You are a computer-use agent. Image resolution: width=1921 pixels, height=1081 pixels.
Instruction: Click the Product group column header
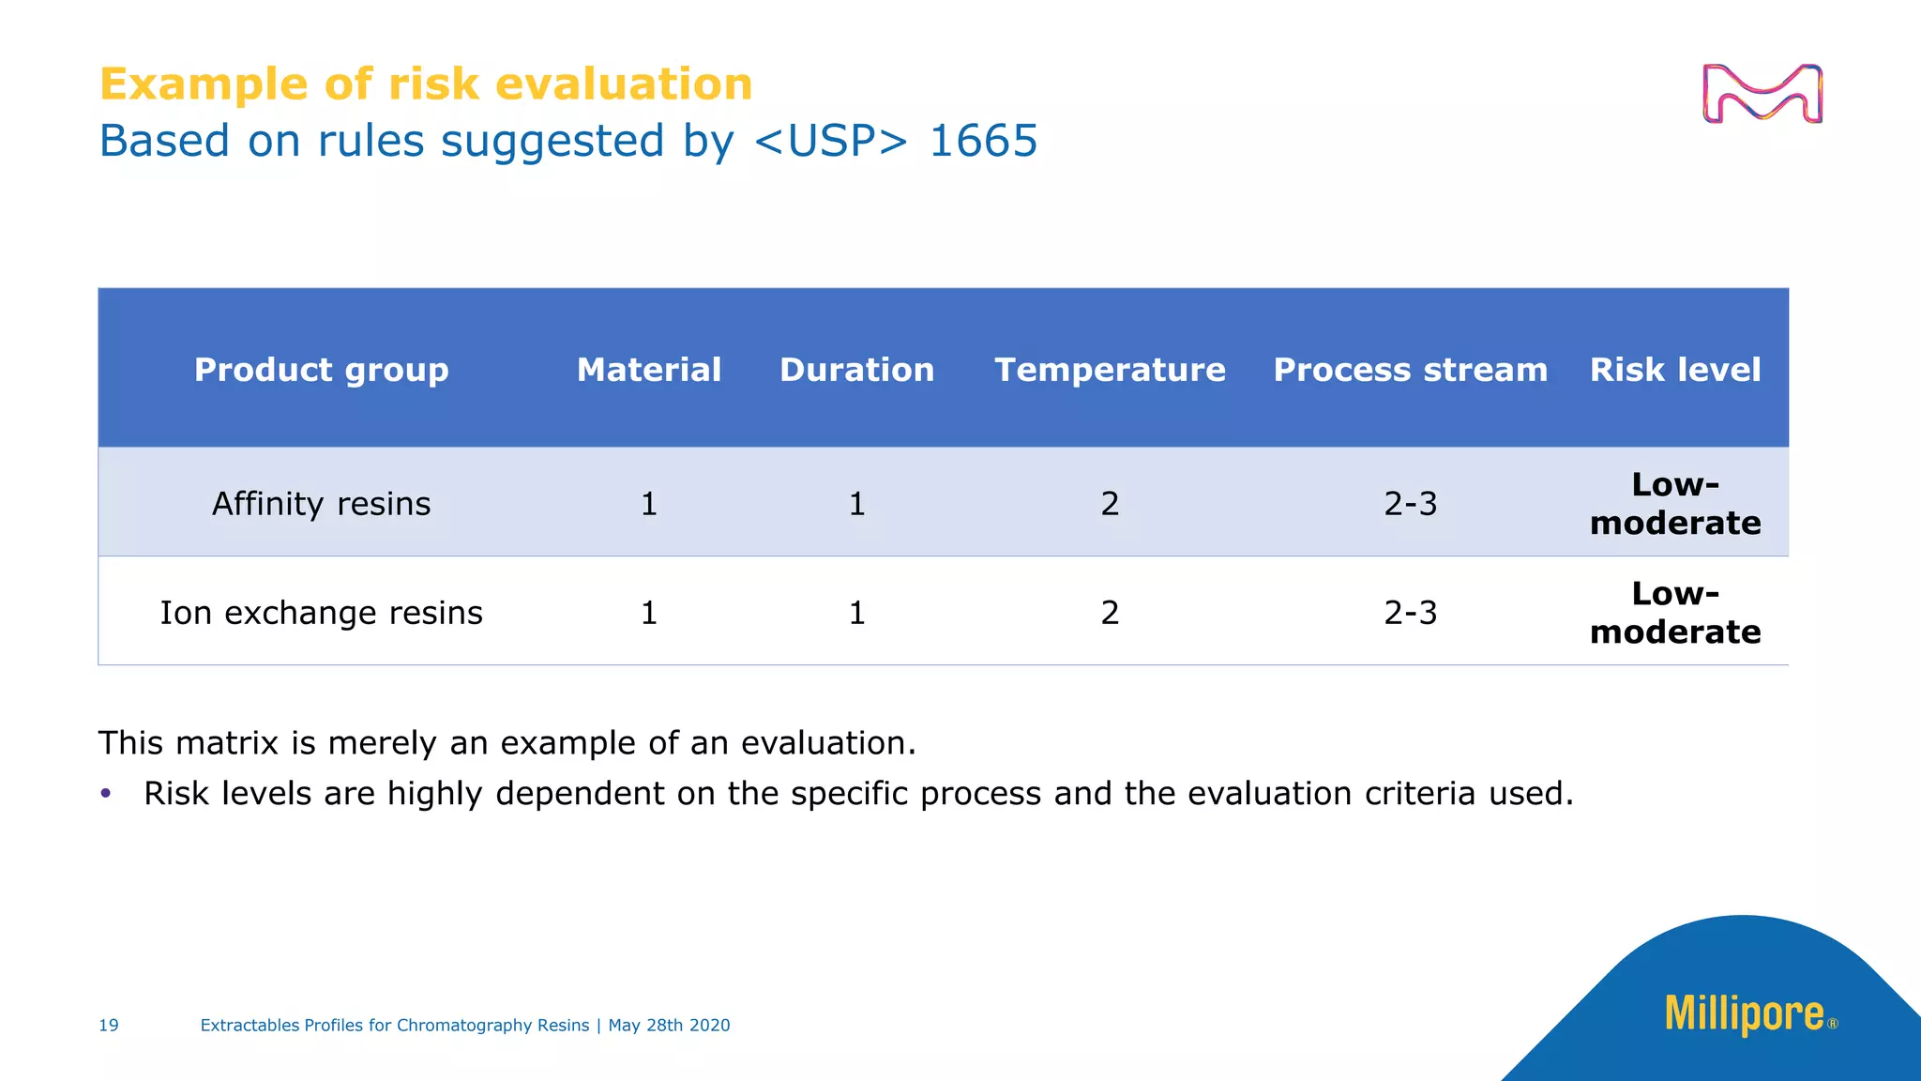tap(321, 370)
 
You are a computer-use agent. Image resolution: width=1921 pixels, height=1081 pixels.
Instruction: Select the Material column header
tap(649, 370)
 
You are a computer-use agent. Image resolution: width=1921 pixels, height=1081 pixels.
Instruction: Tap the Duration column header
tap(856, 370)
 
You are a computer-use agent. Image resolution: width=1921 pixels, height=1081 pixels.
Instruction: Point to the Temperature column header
tap(1110, 370)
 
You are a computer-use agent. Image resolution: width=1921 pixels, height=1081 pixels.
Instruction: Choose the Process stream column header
tap(1410, 370)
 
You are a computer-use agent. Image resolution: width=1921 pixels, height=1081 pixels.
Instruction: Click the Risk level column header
tap(1675, 370)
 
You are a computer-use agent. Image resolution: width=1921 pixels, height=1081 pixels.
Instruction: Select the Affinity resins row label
tap(321, 504)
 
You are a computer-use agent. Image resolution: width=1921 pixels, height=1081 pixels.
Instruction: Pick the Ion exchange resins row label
tap(321, 613)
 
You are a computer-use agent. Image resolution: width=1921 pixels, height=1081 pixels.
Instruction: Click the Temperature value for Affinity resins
tap(1110, 504)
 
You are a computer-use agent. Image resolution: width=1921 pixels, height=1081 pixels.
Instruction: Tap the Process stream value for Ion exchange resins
tap(1410, 613)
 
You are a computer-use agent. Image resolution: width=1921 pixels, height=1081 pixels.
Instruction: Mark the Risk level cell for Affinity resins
tap(1675, 504)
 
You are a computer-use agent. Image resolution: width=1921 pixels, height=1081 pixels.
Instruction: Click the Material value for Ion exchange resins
tap(649, 613)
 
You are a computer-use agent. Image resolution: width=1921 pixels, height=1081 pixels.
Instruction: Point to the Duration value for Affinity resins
tap(856, 504)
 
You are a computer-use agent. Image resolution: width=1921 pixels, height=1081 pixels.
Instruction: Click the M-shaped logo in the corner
tap(1762, 94)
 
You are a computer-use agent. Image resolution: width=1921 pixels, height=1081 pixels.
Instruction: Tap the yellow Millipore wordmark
tap(1744, 1014)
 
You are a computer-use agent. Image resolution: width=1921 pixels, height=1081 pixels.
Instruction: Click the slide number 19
tap(109, 1026)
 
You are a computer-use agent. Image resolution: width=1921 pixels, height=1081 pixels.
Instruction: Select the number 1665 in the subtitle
tap(983, 142)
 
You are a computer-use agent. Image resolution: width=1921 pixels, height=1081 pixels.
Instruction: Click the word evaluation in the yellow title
tap(624, 84)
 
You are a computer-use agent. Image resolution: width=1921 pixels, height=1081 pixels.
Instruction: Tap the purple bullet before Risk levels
tap(106, 794)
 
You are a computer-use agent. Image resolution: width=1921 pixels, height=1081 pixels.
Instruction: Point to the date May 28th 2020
tap(669, 1026)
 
